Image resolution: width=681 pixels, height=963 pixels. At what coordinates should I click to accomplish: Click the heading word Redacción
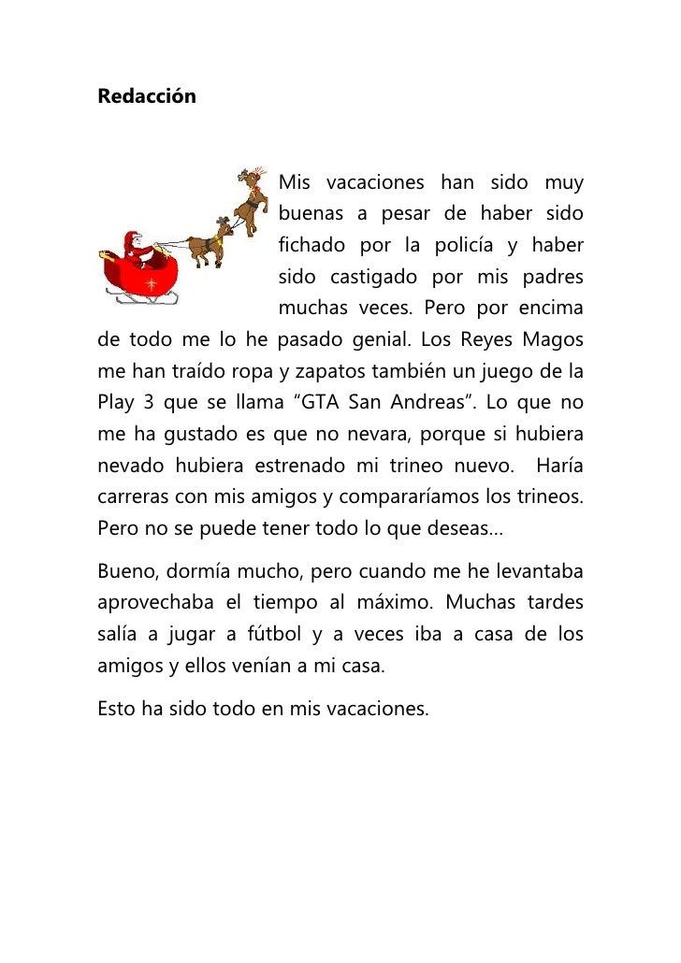point(147,97)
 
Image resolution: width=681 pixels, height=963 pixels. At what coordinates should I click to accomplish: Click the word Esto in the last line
point(116,711)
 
